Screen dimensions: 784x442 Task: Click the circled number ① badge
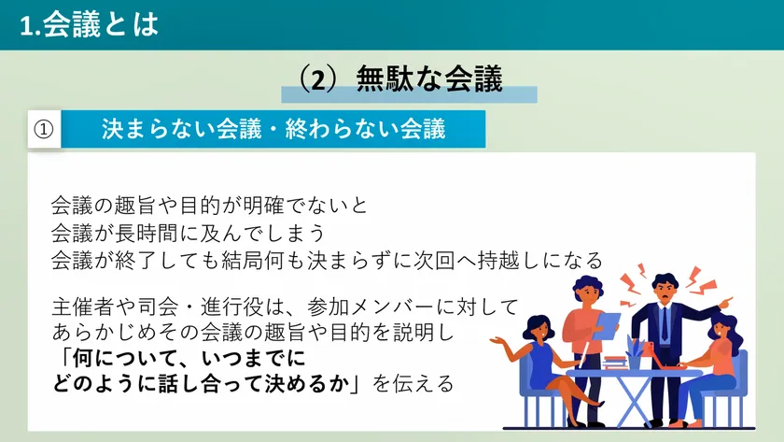point(44,129)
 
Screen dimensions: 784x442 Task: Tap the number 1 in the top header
point(26,25)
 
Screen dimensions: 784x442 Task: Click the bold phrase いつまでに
point(254,358)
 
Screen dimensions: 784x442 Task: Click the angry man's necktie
point(664,324)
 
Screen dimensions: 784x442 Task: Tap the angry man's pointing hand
point(726,302)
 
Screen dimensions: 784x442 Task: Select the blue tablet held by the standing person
point(606,325)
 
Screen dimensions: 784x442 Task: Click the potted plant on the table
point(634,350)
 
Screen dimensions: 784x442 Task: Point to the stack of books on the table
point(614,362)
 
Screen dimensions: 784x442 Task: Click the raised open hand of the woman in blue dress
point(498,341)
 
